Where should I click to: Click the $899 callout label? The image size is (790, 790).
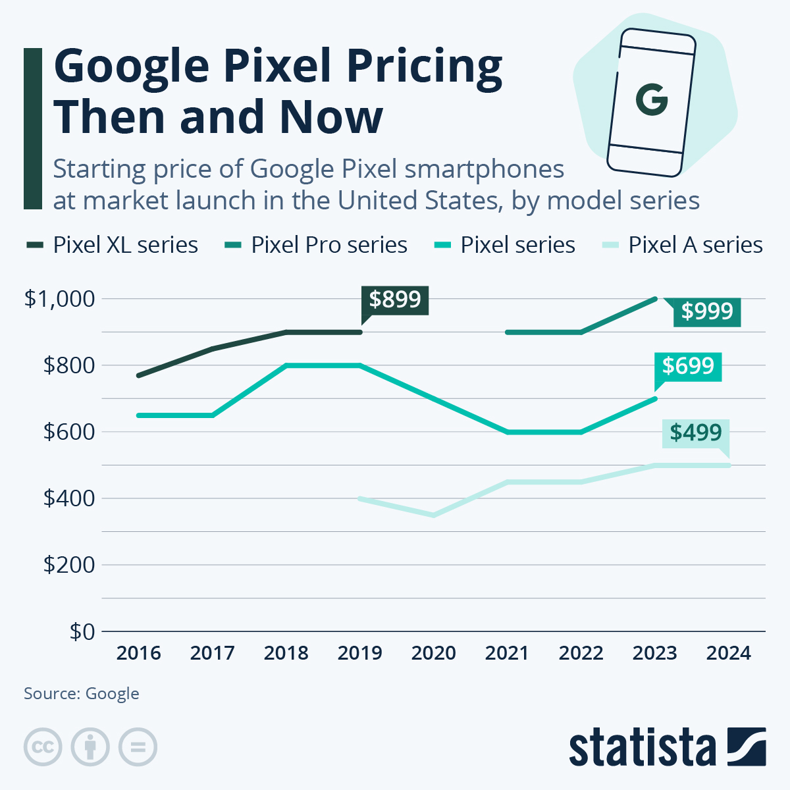tap(395, 300)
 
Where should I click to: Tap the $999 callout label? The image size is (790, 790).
tap(707, 311)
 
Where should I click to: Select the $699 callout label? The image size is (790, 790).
tap(688, 366)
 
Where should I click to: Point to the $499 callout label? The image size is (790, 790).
tap(696, 433)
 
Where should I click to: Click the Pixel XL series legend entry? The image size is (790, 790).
tap(112, 245)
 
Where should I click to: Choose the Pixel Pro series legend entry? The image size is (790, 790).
tap(316, 245)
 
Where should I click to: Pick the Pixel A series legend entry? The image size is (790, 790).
tap(683, 245)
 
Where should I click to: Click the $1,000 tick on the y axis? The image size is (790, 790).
tap(60, 299)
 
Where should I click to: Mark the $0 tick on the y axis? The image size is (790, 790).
tap(82, 631)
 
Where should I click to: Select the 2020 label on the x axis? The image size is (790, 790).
tap(434, 653)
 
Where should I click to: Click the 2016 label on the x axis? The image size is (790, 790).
tap(139, 653)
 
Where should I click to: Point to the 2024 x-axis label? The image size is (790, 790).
tap(729, 653)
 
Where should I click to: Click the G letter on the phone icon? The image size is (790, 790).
tap(652, 100)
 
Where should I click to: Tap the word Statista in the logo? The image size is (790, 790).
tap(642, 747)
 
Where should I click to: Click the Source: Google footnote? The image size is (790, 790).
tap(82, 693)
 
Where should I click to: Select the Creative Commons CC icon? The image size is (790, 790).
tap(43, 747)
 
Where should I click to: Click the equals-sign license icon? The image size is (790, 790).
tap(138, 747)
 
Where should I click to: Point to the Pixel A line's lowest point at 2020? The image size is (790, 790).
tap(434, 515)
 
